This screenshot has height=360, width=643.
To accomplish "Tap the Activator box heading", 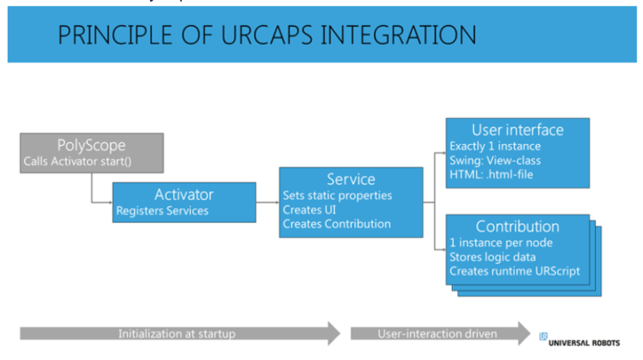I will point(184,194).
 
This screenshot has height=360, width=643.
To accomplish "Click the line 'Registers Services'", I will point(162,211).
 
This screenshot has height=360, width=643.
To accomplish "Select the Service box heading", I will point(351,179).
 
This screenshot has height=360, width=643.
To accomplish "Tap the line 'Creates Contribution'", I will point(337,224).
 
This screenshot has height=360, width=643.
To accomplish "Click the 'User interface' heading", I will point(517,130).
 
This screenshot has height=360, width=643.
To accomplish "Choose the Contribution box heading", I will point(517,227).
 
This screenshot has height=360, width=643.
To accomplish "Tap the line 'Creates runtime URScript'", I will point(514,271).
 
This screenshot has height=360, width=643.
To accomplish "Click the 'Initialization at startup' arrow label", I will point(176,333).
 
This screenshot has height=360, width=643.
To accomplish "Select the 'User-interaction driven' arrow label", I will point(436,333).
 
